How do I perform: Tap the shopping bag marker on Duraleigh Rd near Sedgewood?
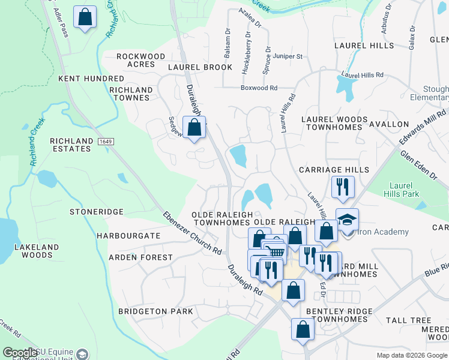[x=194, y=128]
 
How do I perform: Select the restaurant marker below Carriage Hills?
[x=343, y=187]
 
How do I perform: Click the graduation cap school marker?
[x=346, y=220]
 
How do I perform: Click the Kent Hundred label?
[x=91, y=79]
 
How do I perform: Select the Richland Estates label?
[x=71, y=145]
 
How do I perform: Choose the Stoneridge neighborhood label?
[x=96, y=212]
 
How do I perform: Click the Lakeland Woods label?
[x=37, y=251]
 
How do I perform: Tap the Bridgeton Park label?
[x=155, y=311]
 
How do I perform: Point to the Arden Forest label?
[x=140, y=257]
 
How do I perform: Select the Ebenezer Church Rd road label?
[x=192, y=233]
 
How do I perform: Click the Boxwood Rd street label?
[x=259, y=88]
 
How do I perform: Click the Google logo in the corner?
[x=20, y=353]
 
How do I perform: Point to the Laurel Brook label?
[x=200, y=67]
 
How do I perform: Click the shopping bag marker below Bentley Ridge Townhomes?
[x=303, y=329]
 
